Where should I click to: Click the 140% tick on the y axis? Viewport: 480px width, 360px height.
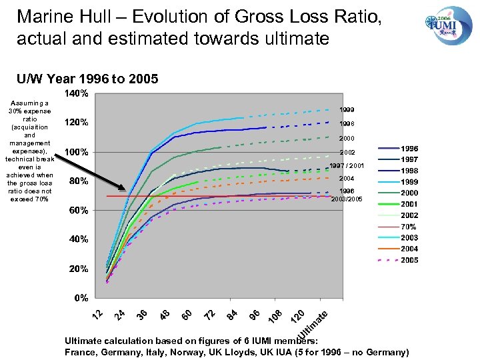(x=75, y=94)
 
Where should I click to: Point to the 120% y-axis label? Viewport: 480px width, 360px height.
(x=75, y=123)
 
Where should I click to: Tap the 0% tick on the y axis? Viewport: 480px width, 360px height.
(x=81, y=297)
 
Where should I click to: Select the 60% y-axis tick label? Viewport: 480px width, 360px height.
(x=78, y=210)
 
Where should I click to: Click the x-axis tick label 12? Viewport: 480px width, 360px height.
(x=97, y=313)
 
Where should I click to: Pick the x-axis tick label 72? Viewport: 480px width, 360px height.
(x=209, y=313)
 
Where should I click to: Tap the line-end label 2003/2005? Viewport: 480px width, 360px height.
(x=347, y=198)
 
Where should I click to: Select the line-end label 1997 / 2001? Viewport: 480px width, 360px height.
(x=347, y=166)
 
